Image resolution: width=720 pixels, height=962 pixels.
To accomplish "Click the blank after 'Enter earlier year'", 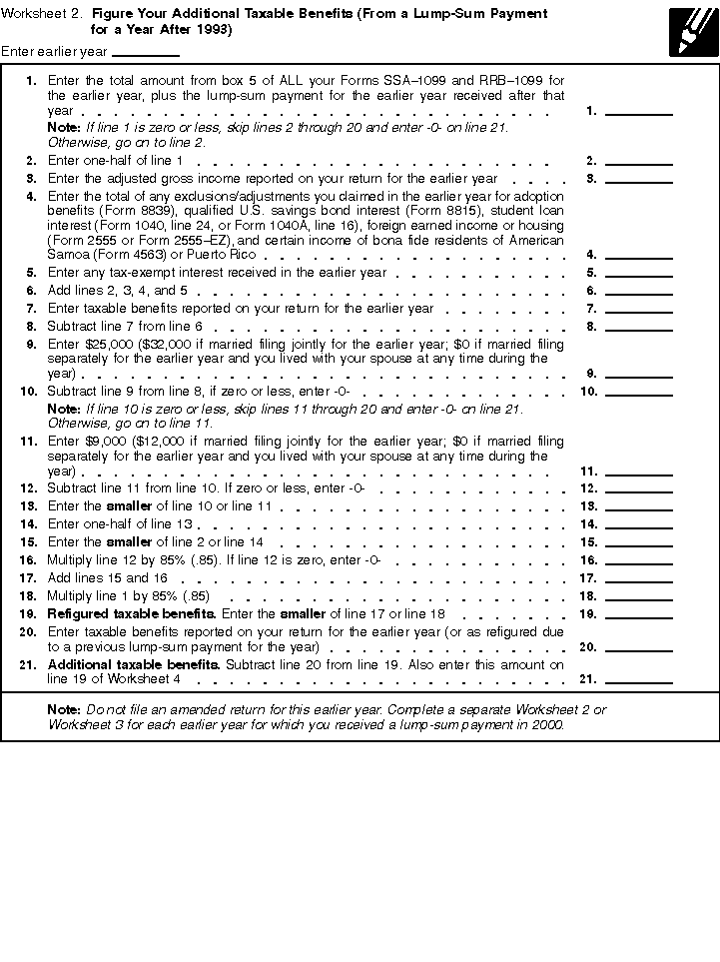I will point(146,52).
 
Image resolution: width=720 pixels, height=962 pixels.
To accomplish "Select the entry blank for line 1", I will point(639,111).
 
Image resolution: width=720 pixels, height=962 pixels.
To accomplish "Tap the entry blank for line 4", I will point(639,255).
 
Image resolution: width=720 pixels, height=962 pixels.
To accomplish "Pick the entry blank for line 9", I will point(639,374).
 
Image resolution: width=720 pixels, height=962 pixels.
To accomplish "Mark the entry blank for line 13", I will point(639,506).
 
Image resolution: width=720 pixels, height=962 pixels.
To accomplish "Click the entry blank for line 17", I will point(639,578).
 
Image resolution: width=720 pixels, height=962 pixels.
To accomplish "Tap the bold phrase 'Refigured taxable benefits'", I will point(131,613).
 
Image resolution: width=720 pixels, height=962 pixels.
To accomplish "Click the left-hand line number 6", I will point(32,291).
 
